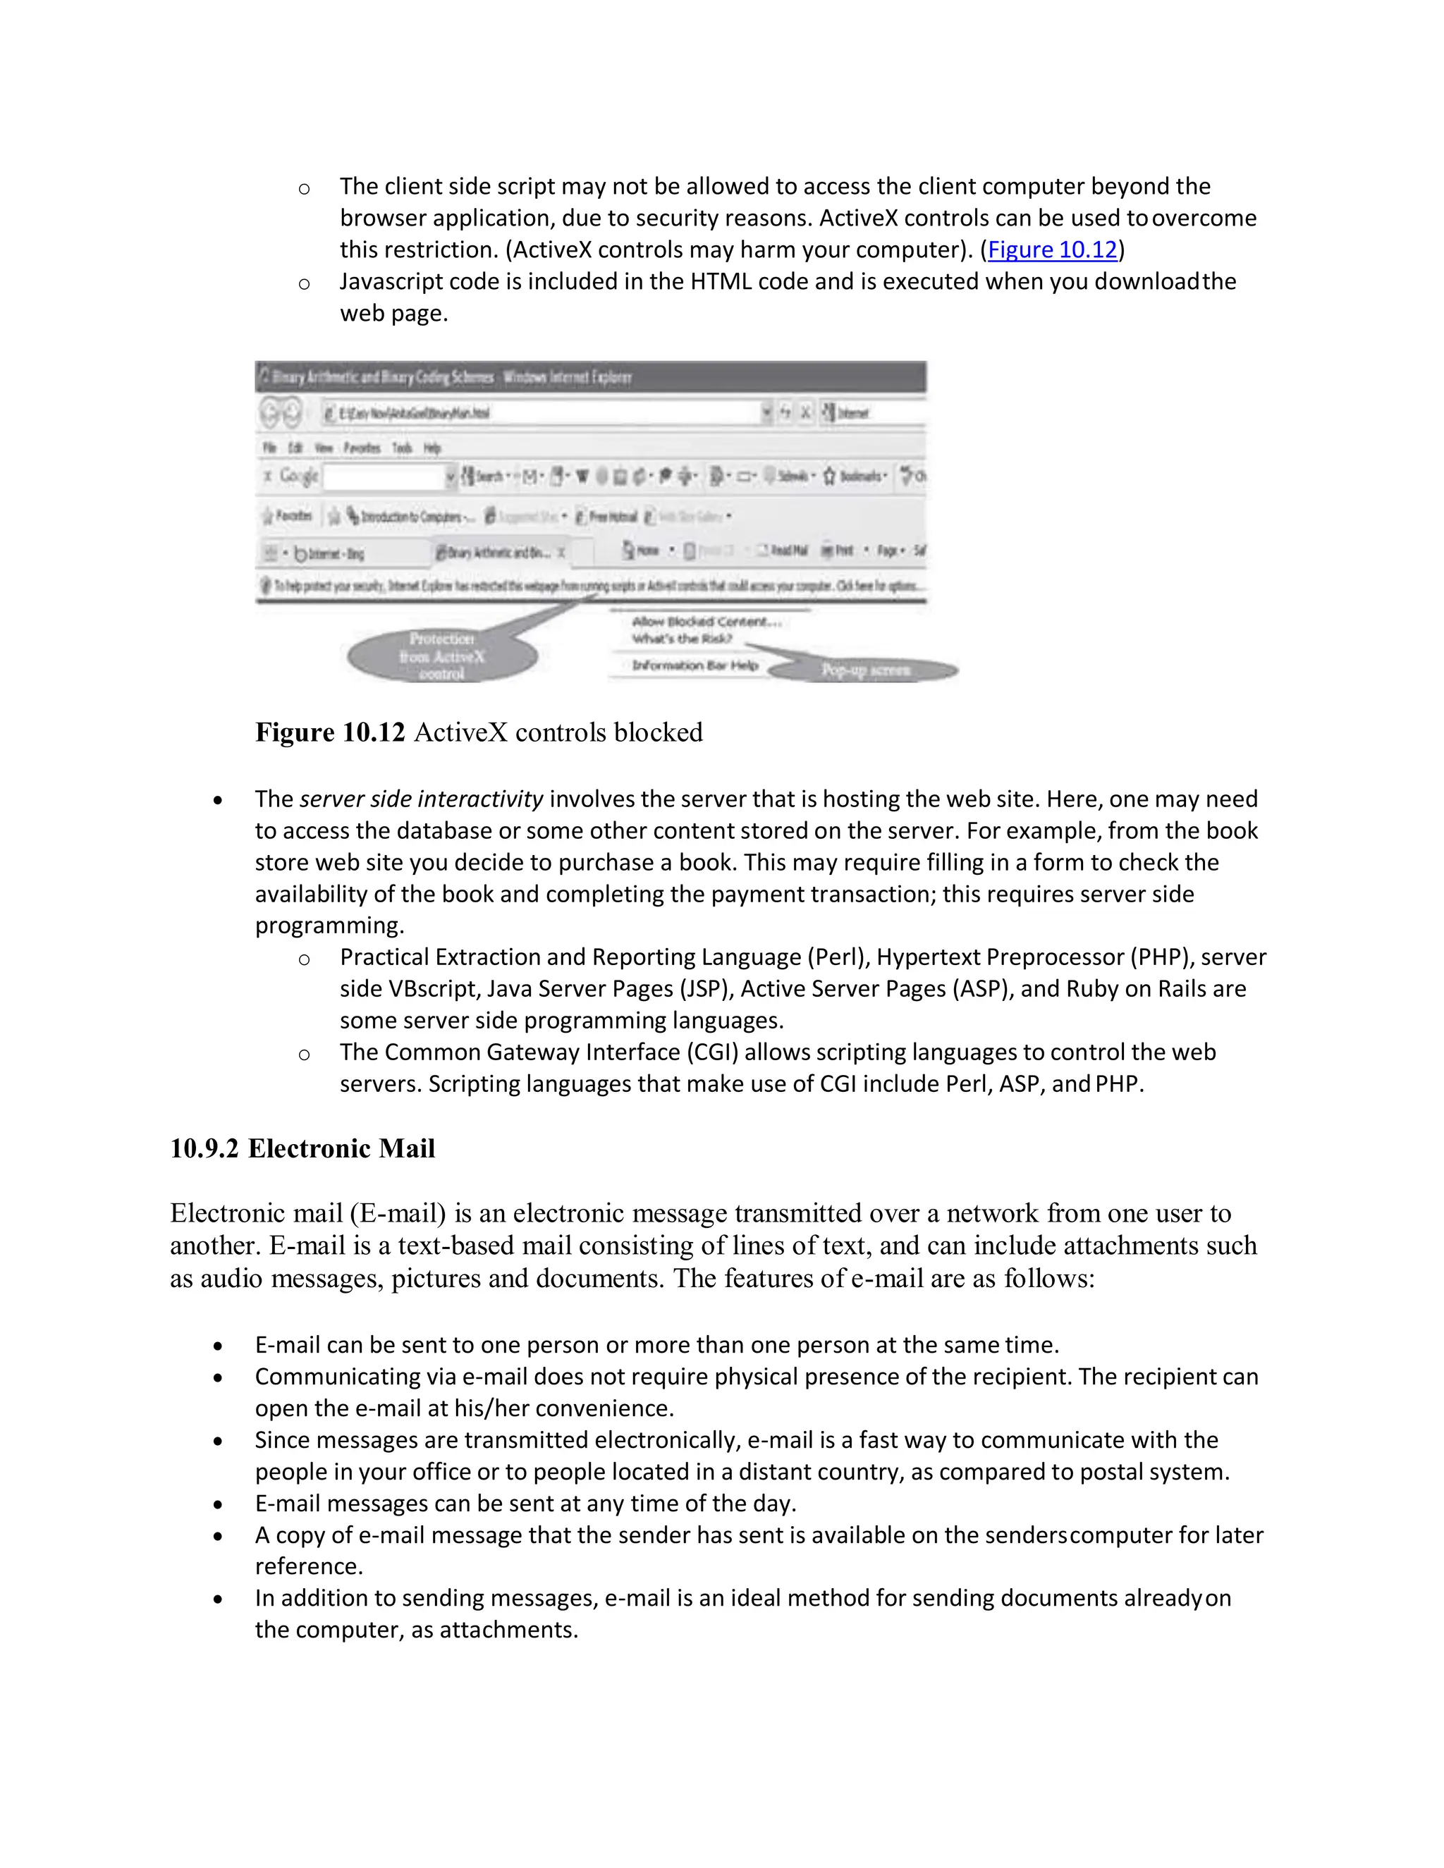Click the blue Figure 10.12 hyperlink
(x=1052, y=250)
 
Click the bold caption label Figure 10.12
(x=329, y=733)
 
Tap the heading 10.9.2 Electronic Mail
(x=302, y=1149)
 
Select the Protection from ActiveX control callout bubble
(x=441, y=657)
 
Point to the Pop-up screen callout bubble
(x=865, y=670)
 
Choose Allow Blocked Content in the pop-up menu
(x=706, y=622)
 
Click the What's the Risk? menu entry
(x=682, y=639)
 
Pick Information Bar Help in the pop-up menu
(x=695, y=665)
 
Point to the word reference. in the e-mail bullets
(x=309, y=1566)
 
